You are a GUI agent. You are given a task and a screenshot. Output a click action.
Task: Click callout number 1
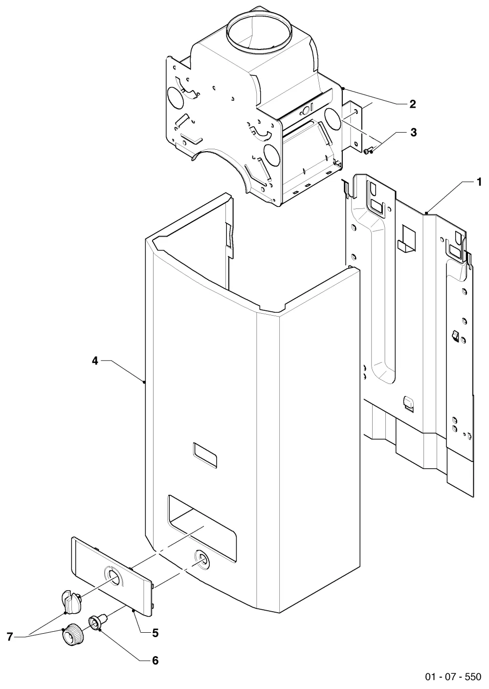point(479,182)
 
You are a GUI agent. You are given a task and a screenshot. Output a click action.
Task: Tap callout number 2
point(412,104)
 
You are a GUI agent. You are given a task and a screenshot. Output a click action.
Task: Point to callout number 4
point(95,361)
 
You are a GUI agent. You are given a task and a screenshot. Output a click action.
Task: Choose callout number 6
point(155,660)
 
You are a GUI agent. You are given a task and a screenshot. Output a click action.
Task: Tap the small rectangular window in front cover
point(205,455)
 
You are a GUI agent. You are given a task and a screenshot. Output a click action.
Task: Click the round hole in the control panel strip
point(114,574)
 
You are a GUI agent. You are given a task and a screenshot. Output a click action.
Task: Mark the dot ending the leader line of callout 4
point(144,382)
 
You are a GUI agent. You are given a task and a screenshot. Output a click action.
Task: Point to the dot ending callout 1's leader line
point(426,212)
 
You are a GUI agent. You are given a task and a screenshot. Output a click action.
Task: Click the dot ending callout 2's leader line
point(342,88)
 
